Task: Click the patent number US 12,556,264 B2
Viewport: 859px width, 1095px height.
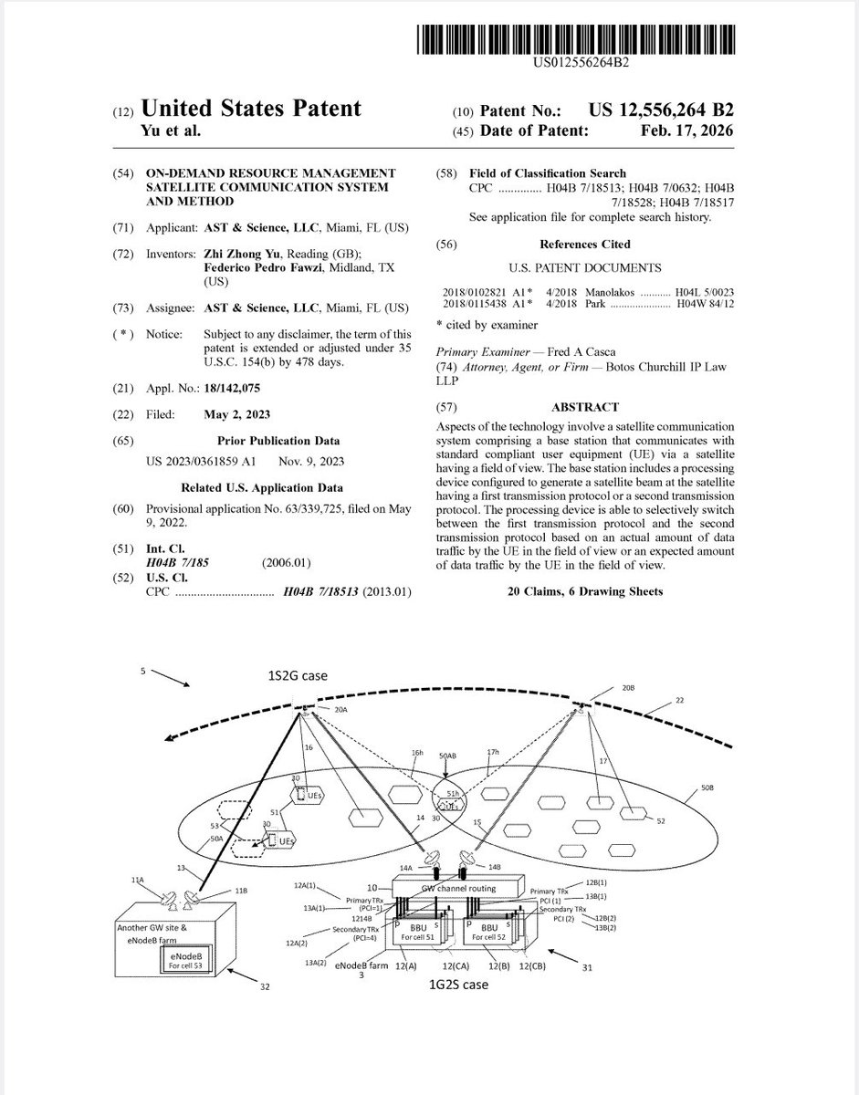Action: point(661,110)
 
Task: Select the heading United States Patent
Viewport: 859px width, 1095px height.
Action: point(252,109)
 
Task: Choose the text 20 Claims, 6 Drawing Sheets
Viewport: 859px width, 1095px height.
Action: point(584,591)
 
